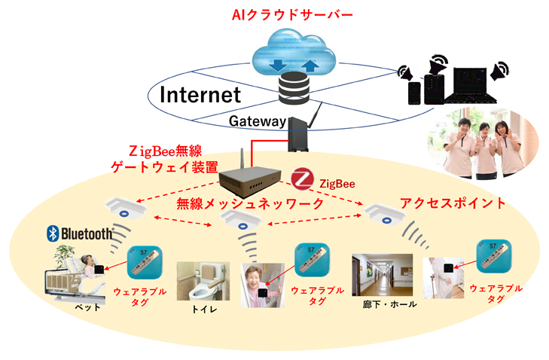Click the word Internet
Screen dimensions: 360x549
[200, 94]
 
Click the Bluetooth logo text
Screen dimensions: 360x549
[79, 233]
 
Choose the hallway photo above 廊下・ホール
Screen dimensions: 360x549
[383, 274]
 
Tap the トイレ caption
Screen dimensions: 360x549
[198, 310]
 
